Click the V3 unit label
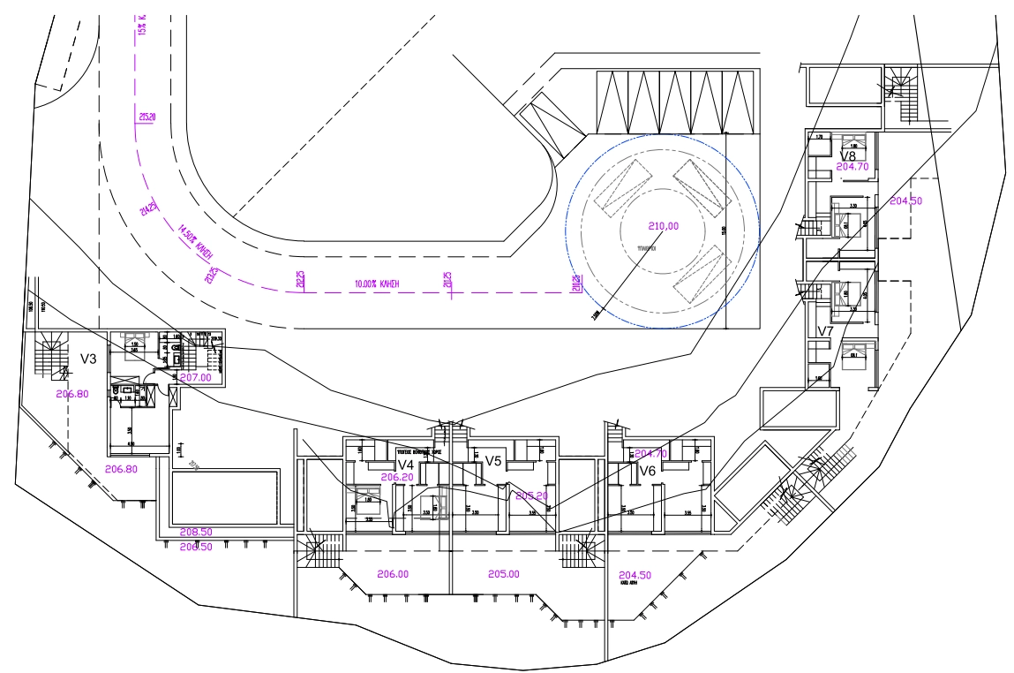pyautogui.click(x=88, y=359)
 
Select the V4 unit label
pyautogui.click(x=406, y=465)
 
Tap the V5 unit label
pyautogui.click(x=493, y=461)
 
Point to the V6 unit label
pyautogui.click(x=647, y=470)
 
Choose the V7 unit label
pyautogui.click(x=825, y=331)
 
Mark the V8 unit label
pyautogui.click(x=848, y=155)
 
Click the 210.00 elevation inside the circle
pyautogui.click(x=663, y=225)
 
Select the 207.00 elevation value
pyautogui.click(x=195, y=377)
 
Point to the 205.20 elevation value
pyautogui.click(x=531, y=495)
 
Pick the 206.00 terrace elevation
pyautogui.click(x=393, y=574)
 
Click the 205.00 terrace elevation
pyautogui.click(x=503, y=574)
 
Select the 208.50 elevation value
pyautogui.click(x=196, y=533)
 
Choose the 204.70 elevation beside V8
pyautogui.click(x=853, y=166)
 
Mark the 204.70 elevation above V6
pyautogui.click(x=650, y=454)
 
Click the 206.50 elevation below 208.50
pyautogui.click(x=196, y=547)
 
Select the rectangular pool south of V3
pyautogui.click(x=225, y=498)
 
